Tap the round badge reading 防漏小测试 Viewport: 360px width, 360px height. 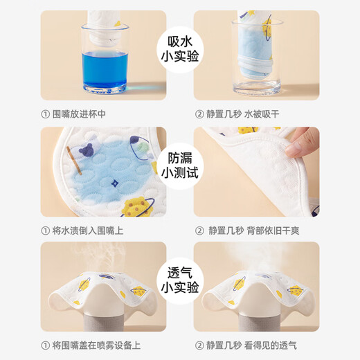pos(180,165)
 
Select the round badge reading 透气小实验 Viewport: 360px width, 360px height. pos(180,280)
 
